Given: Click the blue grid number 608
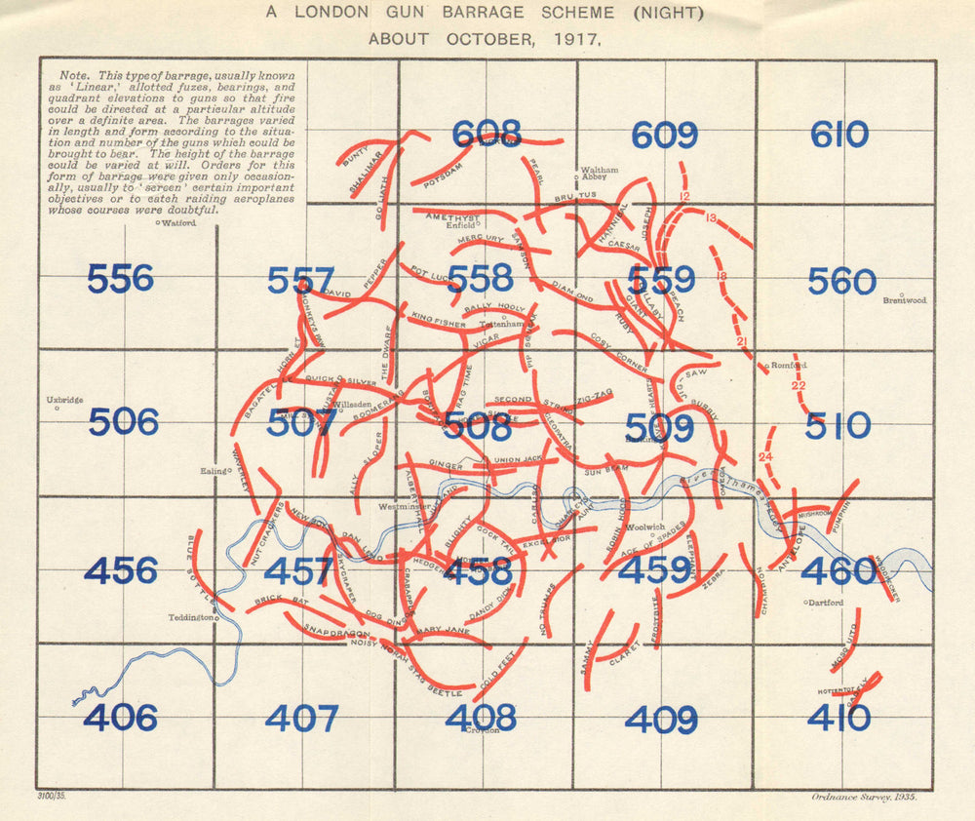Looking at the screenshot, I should click(x=486, y=134).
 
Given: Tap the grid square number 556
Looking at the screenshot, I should click(x=120, y=279).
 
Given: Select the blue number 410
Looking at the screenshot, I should click(x=838, y=719).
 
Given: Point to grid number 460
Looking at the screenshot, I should click(x=838, y=571).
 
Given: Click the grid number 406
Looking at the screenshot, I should click(x=120, y=718).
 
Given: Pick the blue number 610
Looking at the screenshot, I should click(x=838, y=135).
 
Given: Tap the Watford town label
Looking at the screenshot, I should click(x=179, y=223).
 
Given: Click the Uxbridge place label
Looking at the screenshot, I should click(x=65, y=400).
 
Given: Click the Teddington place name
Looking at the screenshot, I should click(x=190, y=617).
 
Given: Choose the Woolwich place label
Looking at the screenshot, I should click(x=644, y=527).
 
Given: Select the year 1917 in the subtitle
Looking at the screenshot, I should click(x=577, y=41).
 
